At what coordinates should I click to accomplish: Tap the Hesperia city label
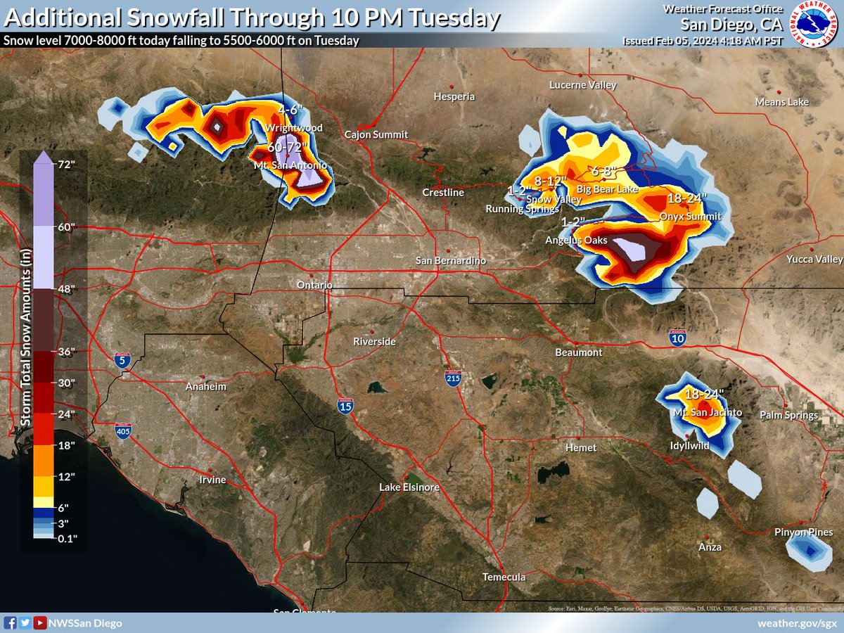point(454,96)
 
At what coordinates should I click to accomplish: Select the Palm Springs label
point(788,416)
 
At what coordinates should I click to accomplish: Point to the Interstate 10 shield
point(677,338)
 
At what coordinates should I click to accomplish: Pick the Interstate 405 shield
point(123,430)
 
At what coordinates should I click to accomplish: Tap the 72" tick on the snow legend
point(68,165)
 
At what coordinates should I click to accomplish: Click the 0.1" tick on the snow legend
point(68,538)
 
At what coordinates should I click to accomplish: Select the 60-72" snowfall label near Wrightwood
point(288,147)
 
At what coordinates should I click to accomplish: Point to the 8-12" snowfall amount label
point(551,181)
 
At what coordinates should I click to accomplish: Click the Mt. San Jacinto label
point(707,413)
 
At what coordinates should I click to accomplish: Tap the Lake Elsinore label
point(409,487)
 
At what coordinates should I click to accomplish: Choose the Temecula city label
point(504,577)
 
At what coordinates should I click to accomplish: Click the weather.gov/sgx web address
point(797,623)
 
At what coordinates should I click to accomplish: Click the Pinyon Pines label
point(804,532)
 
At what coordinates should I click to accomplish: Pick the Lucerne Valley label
point(582,85)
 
